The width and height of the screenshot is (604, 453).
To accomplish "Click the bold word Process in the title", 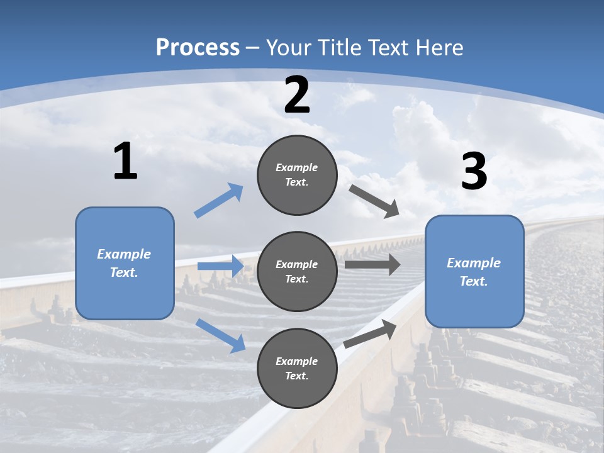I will click(198, 47).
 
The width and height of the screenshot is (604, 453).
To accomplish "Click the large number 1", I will click(125, 162).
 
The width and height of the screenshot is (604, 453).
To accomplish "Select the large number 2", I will click(297, 95).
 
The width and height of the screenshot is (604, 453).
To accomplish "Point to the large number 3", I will click(474, 172).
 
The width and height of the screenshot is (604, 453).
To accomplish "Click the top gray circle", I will click(297, 175).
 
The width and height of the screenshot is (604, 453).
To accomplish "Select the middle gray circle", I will click(297, 271).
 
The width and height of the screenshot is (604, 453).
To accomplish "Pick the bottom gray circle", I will click(297, 368).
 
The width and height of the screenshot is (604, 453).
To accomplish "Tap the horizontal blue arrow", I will click(220, 266).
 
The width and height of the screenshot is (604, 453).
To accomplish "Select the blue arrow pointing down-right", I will click(220, 335).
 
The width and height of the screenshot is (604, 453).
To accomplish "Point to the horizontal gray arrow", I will click(372, 264).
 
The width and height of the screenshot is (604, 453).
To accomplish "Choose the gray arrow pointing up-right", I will click(370, 333).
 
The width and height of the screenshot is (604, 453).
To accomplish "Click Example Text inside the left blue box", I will click(124, 263).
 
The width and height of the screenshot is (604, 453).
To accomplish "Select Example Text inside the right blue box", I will click(474, 272).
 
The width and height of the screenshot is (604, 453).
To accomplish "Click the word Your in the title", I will click(289, 47).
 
